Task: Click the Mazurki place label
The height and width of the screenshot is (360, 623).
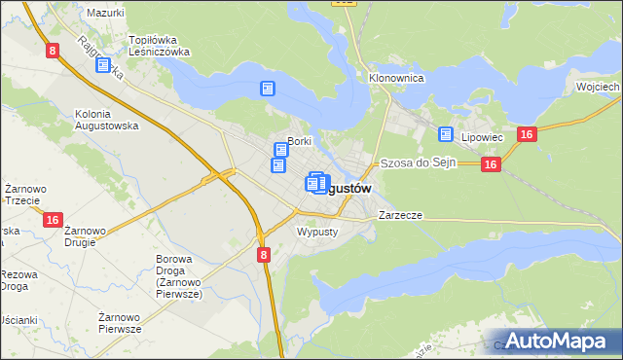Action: (x=105, y=13)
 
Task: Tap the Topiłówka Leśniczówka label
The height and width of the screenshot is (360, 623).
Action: (x=160, y=46)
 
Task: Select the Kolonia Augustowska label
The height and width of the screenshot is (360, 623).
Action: (x=107, y=120)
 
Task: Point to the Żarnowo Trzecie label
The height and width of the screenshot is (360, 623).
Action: (x=20, y=194)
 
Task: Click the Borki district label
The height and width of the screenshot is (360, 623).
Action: (x=298, y=141)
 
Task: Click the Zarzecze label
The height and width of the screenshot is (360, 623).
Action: (x=400, y=214)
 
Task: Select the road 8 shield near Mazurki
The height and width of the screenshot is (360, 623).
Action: (x=51, y=49)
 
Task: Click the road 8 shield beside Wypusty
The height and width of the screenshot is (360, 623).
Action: (x=263, y=254)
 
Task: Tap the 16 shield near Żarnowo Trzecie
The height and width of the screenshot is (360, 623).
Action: (x=54, y=221)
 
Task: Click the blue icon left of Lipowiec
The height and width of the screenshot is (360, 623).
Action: (x=446, y=134)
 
